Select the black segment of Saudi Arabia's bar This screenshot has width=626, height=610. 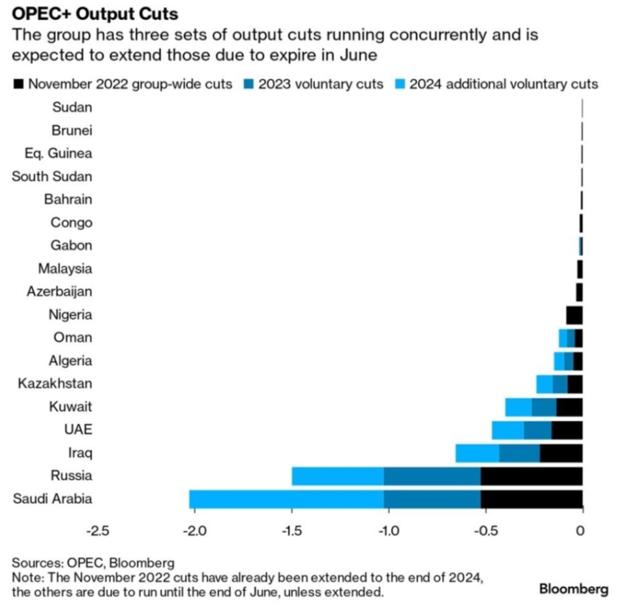[531, 499]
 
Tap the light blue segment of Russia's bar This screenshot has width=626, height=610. [337, 476]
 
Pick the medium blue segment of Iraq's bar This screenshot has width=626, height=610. [519, 453]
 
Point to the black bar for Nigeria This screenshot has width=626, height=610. [574, 315]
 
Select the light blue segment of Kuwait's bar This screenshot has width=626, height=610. [518, 407]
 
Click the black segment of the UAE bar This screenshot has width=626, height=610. [566, 430]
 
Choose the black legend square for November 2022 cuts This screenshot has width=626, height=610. [18, 84]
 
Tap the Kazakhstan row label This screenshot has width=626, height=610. [55, 384]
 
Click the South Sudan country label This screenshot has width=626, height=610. [52, 177]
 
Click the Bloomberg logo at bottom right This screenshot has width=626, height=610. [573, 589]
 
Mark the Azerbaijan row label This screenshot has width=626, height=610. [59, 292]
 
